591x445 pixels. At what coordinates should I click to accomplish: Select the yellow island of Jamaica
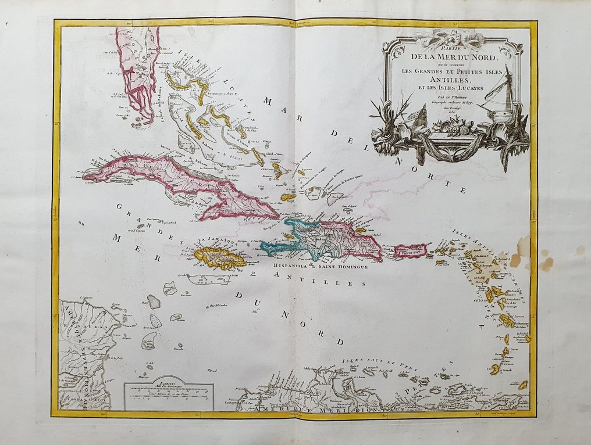[219, 257]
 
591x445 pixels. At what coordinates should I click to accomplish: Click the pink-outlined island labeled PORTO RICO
[411, 252]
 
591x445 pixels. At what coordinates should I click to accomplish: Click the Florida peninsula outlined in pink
[137, 70]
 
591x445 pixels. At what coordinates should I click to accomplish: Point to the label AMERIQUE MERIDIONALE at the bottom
[337, 410]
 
